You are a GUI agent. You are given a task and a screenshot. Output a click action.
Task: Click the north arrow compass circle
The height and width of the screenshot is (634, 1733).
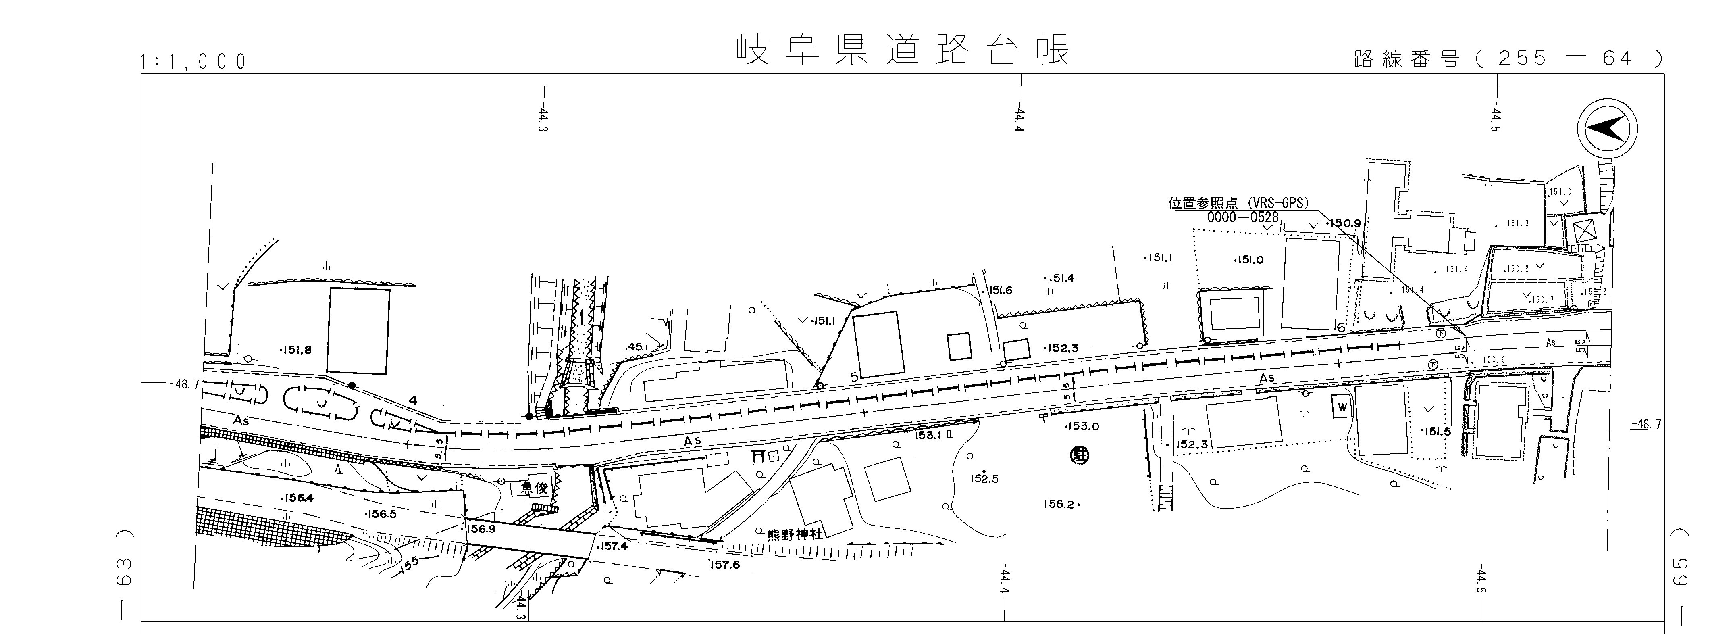click(1607, 129)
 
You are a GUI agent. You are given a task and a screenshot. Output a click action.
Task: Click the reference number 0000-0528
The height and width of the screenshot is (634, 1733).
click(1242, 217)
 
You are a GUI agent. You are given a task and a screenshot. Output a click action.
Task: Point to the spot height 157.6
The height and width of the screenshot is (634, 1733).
click(724, 565)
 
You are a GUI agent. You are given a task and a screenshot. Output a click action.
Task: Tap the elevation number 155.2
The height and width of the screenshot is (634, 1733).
click(1061, 504)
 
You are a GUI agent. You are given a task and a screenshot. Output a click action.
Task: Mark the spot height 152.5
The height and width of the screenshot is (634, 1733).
click(984, 479)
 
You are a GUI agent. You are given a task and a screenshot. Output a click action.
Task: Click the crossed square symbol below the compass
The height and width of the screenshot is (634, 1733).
click(1584, 231)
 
